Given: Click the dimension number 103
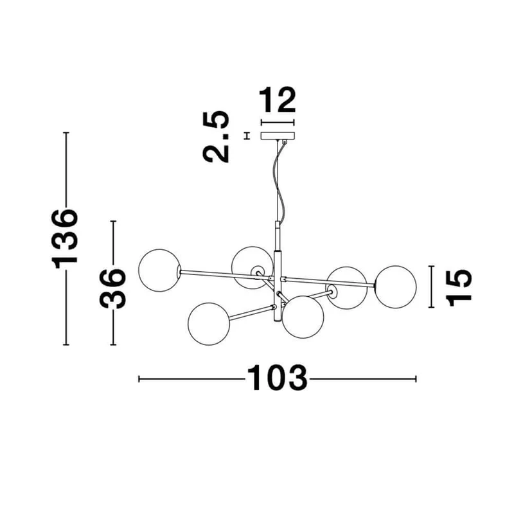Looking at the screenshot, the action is coord(278,378).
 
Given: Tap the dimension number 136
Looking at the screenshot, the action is coord(65,239).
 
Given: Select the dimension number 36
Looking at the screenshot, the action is coord(113,288).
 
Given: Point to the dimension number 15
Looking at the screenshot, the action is coord(459,287).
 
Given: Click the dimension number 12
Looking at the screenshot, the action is coord(278,100).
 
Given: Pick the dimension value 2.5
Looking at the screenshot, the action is coord(216,137).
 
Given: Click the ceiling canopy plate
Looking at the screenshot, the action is coord(278,136).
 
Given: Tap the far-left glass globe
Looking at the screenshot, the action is coord(159,270).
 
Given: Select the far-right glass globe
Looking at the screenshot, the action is coord(395,287).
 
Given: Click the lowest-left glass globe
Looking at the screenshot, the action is coord(209,324).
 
